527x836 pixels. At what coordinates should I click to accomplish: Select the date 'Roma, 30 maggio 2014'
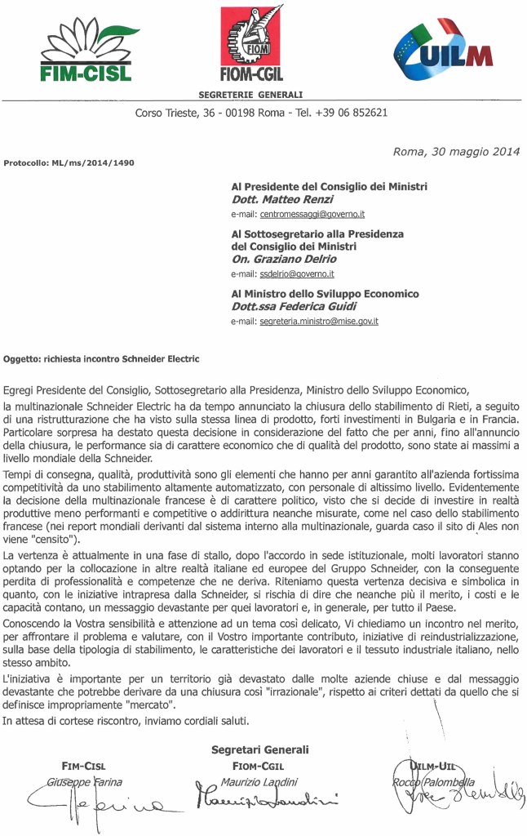[x=456, y=151]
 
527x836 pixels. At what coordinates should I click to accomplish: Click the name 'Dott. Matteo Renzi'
[x=278, y=199]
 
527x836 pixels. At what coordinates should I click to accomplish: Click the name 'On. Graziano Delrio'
[x=281, y=260]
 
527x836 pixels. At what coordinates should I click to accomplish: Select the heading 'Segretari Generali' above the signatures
[x=259, y=749]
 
